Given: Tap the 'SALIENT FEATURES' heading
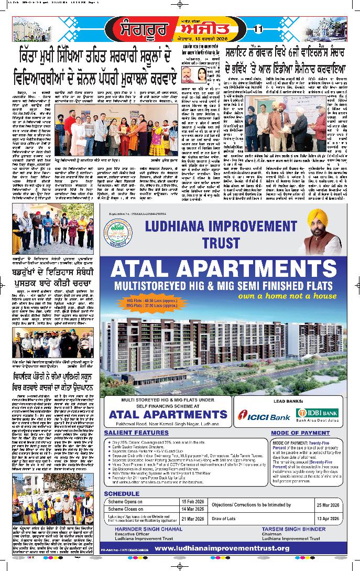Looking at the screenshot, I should tap(136, 433).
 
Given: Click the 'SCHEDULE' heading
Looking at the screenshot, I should tap(122, 493).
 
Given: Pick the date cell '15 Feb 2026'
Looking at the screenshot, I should tap(190, 501).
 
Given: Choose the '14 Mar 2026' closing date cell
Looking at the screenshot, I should tap(190, 509).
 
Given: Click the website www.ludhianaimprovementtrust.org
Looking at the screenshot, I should tap(222, 548).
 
